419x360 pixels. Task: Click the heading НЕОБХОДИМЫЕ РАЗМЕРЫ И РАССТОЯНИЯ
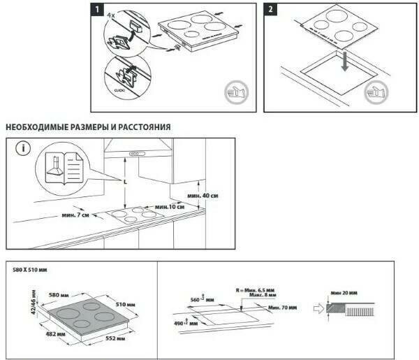(x=87, y=127)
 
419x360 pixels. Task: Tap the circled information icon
(x=25, y=148)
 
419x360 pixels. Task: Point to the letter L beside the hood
(x=124, y=182)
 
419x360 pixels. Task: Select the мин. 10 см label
(x=170, y=207)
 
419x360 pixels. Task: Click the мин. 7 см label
(x=75, y=216)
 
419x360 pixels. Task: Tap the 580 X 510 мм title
(x=31, y=269)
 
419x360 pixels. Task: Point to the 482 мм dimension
(x=57, y=334)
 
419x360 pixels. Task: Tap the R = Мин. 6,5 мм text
(x=256, y=288)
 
